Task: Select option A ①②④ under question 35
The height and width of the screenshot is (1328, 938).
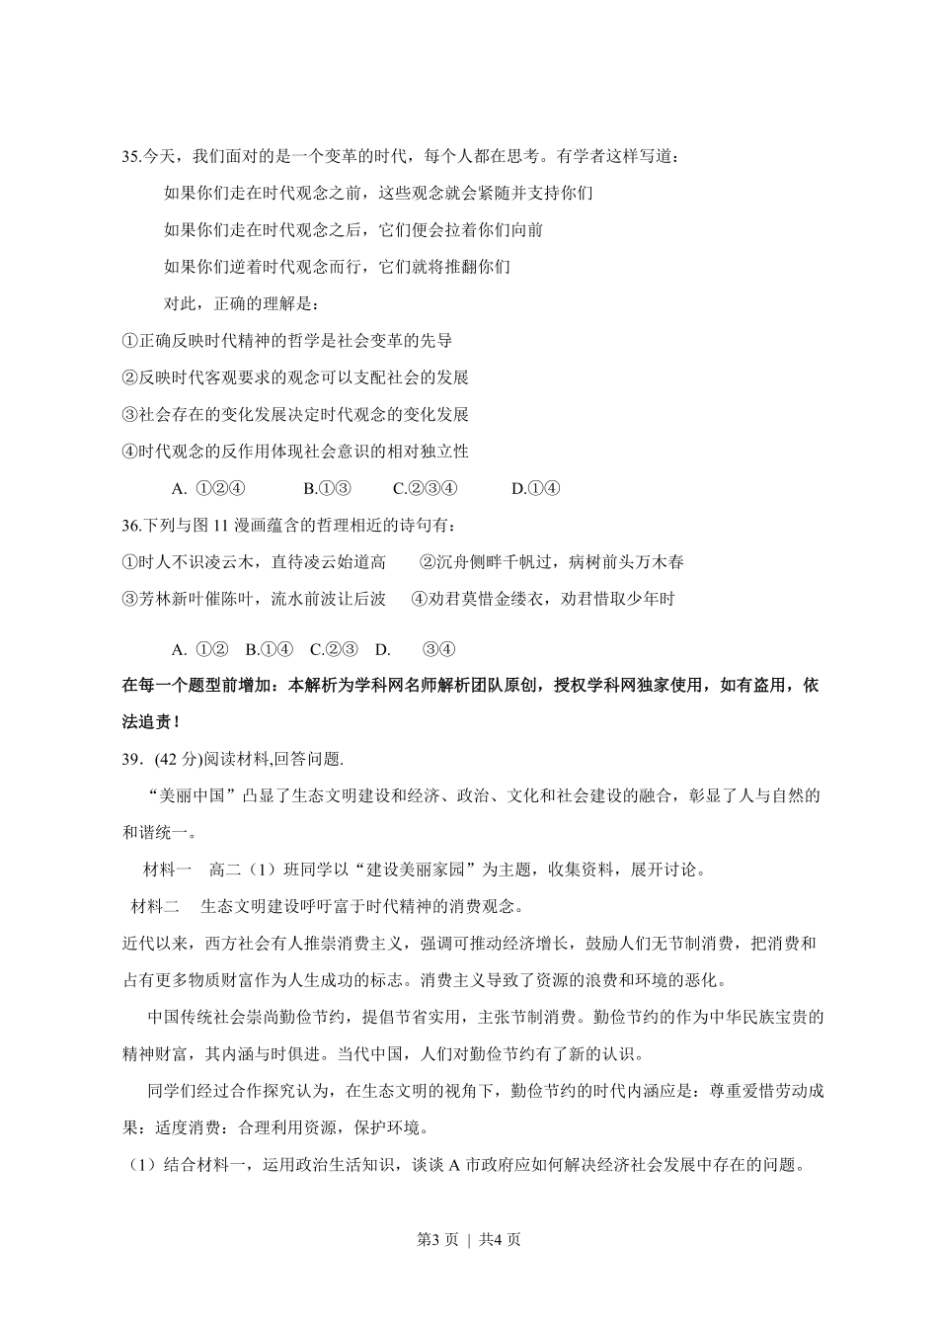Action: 207,488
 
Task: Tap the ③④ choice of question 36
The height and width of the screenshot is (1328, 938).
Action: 437,649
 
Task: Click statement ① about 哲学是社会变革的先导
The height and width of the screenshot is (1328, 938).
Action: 286,341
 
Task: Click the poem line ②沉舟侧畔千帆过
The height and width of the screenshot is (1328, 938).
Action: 551,562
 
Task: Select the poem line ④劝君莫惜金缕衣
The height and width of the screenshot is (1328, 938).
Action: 542,599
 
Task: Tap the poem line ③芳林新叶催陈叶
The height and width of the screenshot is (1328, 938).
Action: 254,599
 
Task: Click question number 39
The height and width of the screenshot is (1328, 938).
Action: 132,759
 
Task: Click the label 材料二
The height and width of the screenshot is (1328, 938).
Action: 155,906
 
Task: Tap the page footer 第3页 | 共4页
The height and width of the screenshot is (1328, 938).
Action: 468,1239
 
